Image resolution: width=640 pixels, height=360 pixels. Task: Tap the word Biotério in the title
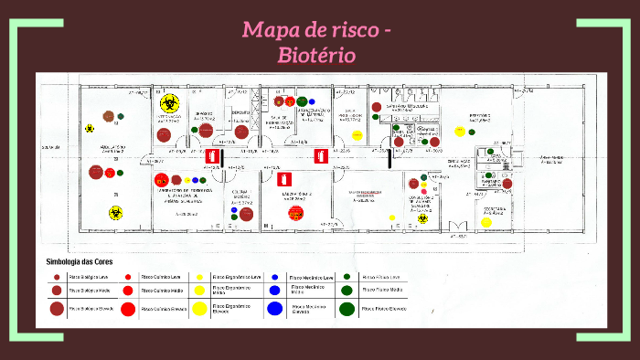click(316, 55)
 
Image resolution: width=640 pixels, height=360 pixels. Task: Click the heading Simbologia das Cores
click(86, 261)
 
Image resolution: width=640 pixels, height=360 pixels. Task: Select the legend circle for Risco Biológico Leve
click(57, 276)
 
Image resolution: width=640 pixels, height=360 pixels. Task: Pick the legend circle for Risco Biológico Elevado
click(57, 308)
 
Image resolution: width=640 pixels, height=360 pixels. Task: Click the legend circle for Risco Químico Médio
click(128, 291)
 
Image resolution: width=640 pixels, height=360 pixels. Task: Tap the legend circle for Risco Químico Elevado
click(128, 309)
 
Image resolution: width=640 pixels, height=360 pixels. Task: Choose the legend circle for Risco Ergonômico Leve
click(199, 276)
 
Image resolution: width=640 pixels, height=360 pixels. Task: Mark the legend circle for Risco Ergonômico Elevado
click(199, 309)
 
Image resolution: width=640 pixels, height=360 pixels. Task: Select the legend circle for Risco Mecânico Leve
click(274, 276)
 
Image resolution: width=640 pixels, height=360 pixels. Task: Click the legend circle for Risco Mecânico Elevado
click(274, 309)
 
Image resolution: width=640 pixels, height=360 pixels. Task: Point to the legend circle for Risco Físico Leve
click(347, 276)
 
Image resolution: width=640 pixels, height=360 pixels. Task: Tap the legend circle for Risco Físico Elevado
click(347, 309)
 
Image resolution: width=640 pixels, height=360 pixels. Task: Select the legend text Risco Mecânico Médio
click(308, 289)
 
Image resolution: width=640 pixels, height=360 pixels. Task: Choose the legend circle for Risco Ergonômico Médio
click(199, 291)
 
